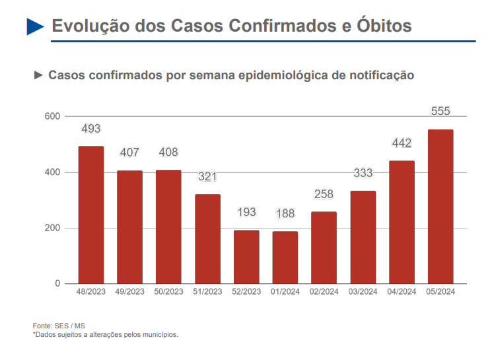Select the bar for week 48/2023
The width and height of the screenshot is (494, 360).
click(91, 215)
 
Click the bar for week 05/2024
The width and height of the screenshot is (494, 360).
click(441, 206)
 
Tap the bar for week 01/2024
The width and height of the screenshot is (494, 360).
click(285, 258)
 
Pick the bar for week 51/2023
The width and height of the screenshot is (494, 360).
click(207, 239)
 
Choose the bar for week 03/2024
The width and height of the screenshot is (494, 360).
click(363, 237)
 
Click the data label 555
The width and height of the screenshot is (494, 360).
click(441, 111)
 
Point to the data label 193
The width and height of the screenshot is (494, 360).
click(246, 213)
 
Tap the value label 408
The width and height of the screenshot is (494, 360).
click(168, 153)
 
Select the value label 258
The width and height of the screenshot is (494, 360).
click(324, 194)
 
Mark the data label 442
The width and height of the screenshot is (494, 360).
click(402, 143)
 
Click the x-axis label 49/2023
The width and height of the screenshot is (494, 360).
click(129, 291)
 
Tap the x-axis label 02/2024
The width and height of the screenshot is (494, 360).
click(324, 291)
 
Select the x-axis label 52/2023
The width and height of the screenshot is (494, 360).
click(246, 291)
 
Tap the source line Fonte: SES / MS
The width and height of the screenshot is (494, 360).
click(59, 326)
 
